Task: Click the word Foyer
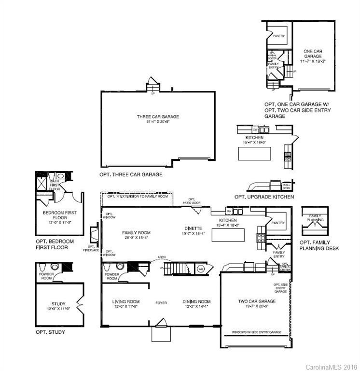click(x=161, y=303)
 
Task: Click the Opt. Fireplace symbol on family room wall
click(x=94, y=236)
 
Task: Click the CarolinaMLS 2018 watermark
click(x=331, y=367)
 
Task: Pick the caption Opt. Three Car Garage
click(x=131, y=174)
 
